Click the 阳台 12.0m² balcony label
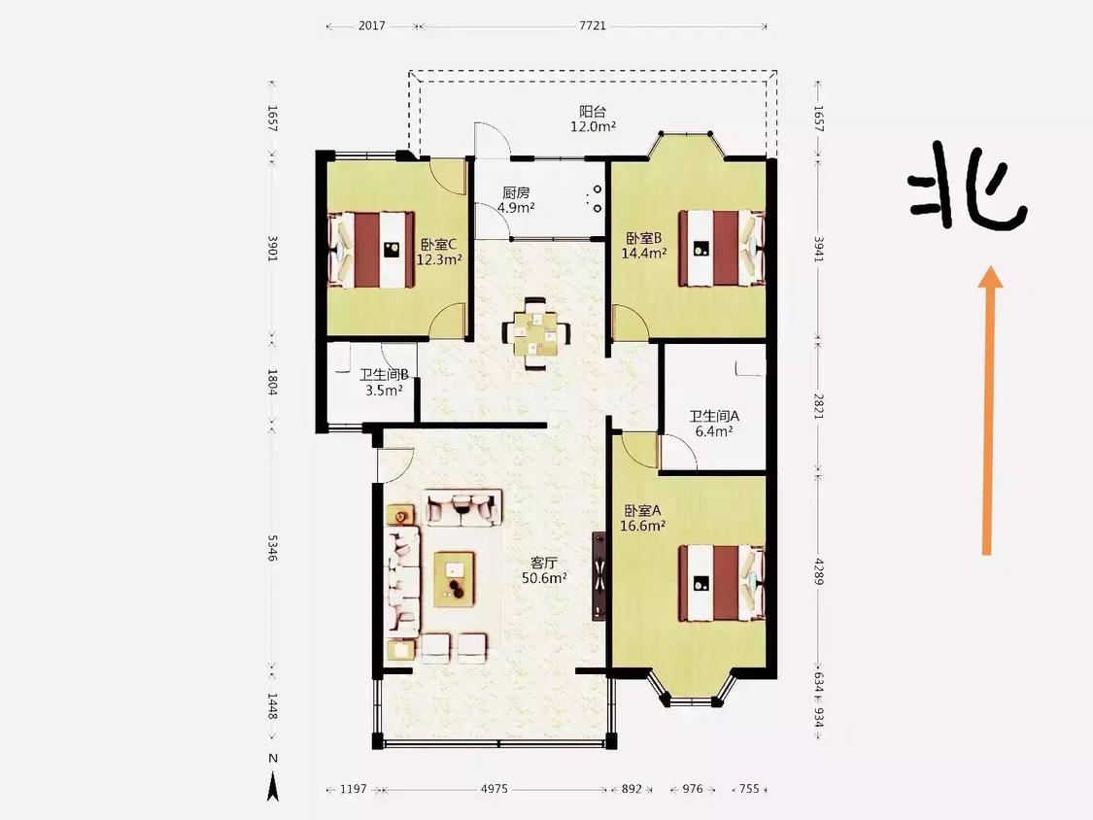(x=593, y=119)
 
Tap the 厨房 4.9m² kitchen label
(x=516, y=199)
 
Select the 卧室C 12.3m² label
(x=439, y=252)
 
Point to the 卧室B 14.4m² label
(x=643, y=246)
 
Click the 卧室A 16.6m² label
(x=643, y=518)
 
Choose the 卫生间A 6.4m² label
(x=714, y=424)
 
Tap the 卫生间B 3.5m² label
(x=384, y=382)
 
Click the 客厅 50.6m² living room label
(x=544, y=569)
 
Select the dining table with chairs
(x=535, y=333)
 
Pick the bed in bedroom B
(x=722, y=248)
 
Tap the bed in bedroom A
(x=722, y=583)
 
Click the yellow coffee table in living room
(x=455, y=579)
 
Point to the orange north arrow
(x=988, y=410)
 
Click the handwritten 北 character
(x=968, y=187)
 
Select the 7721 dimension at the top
(x=593, y=26)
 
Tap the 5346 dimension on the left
(x=273, y=548)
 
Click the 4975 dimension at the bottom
(x=495, y=789)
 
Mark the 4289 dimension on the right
(x=819, y=571)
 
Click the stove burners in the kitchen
(x=596, y=199)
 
